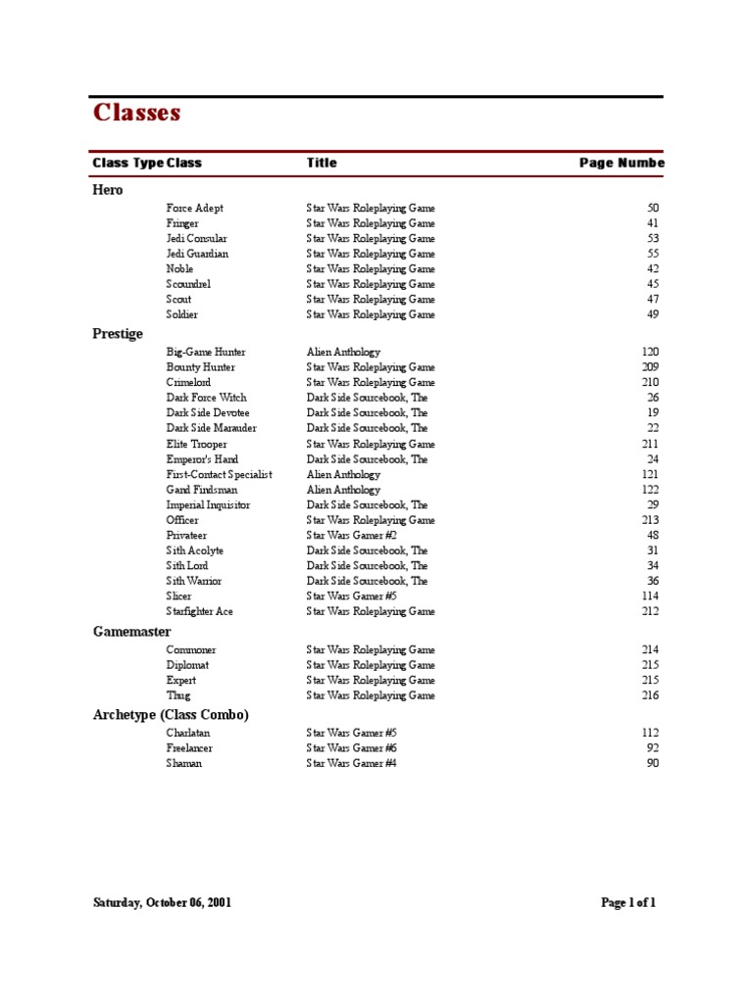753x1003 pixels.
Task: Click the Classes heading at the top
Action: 136,114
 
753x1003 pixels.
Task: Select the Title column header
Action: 321,164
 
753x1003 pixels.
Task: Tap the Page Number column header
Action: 621,164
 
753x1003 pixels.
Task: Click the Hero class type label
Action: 108,190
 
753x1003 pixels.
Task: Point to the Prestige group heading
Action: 118,334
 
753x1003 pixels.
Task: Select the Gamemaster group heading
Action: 132,633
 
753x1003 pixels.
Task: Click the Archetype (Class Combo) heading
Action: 171,715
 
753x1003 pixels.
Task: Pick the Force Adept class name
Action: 194,209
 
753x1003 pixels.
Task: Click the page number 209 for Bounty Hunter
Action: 650,367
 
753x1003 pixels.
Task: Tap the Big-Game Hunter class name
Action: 206,352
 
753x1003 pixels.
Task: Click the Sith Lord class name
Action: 187,566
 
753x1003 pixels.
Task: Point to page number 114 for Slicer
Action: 650,597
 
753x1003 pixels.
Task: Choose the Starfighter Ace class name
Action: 199,612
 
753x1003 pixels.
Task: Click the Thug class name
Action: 178,695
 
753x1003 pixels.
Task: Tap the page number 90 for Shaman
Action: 653,763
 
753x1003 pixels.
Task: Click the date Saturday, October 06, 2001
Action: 163,903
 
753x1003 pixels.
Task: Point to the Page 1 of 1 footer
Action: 627,903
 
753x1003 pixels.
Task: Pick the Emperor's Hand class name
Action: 202,459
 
